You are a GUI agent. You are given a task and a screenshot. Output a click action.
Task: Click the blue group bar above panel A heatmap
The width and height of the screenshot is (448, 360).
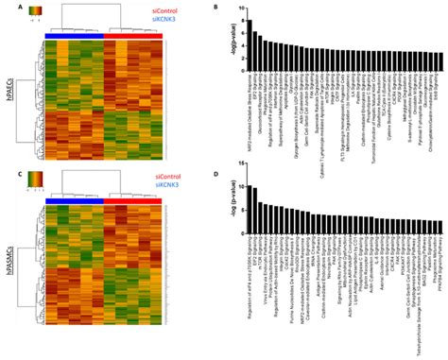74,34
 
